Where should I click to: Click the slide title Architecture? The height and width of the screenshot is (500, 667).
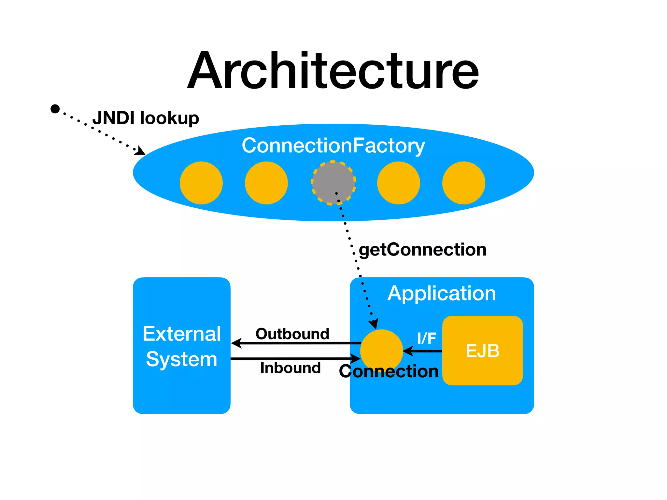pyautogui.click(x=333, y=71)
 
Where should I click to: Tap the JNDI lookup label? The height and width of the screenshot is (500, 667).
pyautogui.click(x=146, y=118)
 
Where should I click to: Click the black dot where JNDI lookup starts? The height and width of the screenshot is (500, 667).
pyautogui.click(x=55, y=109)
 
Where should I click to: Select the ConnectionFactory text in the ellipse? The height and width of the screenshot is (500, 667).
pyautogui.click(x=333, y=146)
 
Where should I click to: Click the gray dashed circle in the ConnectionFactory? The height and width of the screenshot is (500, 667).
pyautogui.click(x=333, y=183)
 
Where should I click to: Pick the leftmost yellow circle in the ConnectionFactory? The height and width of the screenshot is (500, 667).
pyautogui.click(x=201, y=183)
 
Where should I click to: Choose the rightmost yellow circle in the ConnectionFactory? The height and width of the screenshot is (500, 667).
pyautogui.click(x=463, y=183)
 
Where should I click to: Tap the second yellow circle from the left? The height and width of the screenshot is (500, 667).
pyautogui.click(x=266, y=183)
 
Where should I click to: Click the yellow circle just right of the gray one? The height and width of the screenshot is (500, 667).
pyautogui.click(x=398, y=183)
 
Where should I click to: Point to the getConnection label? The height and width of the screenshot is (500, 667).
pyautogui.click(x=422, y=250)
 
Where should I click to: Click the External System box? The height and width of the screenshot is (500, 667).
pyautogui.click(x=181, y=346)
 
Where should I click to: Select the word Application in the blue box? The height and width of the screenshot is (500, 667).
pyautogui.click(x=441, y=293)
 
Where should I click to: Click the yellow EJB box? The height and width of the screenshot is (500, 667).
pyautogui.click(x=482, y=351)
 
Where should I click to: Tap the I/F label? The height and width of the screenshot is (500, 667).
pyautogui.click(x=426, y=338)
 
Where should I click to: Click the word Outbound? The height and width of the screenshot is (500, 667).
pyautogui.click(x=292, y=334)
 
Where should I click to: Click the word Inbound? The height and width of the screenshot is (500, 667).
pyautogui.click(x=290, y=368)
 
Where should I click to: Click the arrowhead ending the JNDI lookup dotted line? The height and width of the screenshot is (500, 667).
pyautogui.click(x=141, y=151)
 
